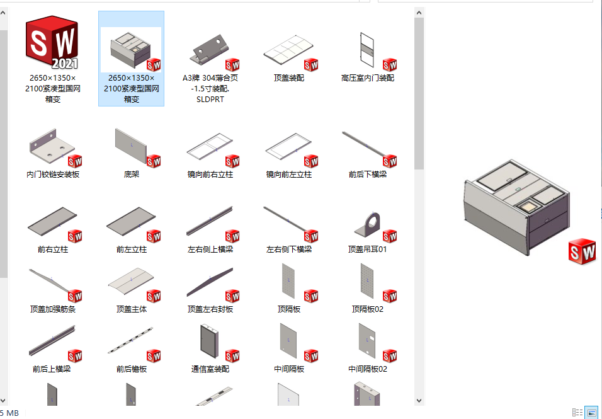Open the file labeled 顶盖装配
click(289, 78)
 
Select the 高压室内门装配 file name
click(368, 78)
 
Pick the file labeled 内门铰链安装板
click(53, 175)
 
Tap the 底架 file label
click(132, 175)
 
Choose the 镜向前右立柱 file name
click(210, 175)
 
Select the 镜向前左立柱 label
click(289, 175)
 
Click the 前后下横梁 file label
click(368, 175)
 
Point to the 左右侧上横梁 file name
click(210, 250)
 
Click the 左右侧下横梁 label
click(289, 250)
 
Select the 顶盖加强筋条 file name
click(53, 309)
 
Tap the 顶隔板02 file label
click(368, 309)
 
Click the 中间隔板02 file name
click(368, 369)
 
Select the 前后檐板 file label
click(132, 369)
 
